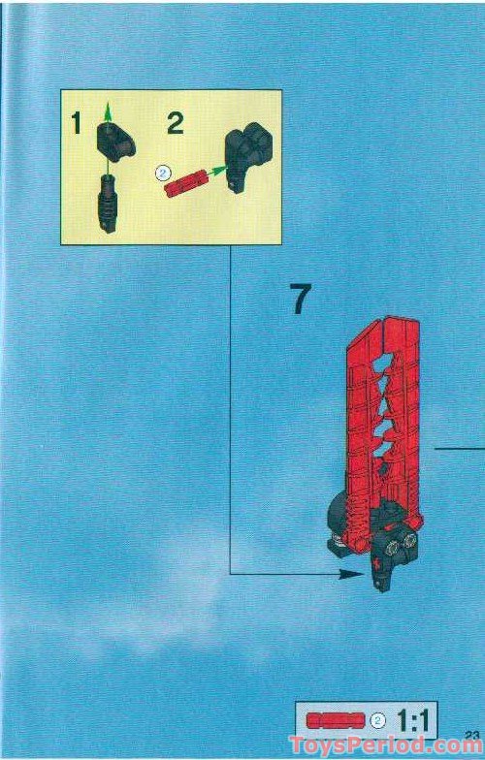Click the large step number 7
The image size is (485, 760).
coord(301,300)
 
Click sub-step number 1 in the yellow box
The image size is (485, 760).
coord(76,123)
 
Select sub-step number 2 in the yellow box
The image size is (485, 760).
coord(175,123)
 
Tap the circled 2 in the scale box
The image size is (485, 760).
coord(378,720)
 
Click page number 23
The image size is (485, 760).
coord(472,733)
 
